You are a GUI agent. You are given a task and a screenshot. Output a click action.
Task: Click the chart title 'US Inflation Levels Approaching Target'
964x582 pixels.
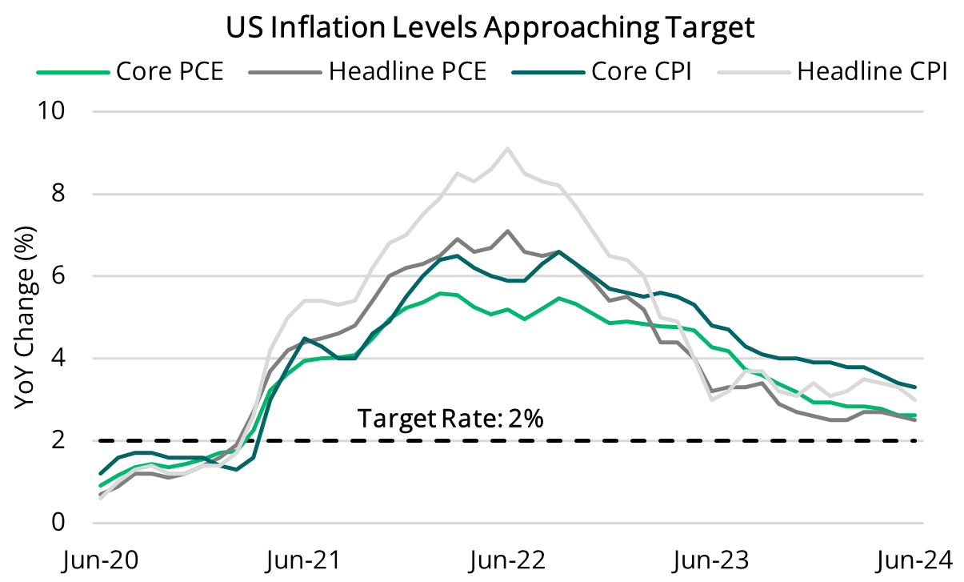pyautogui.click(x=490, y=28)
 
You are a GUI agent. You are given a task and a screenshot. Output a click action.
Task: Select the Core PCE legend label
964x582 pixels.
pyautogui.click(x=170, y=71)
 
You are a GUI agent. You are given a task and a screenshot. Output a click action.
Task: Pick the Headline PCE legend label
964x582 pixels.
pyautogui.click(x=407, y=71)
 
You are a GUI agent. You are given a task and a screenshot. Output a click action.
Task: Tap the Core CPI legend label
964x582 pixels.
pyautogui.click(x=642, y=71)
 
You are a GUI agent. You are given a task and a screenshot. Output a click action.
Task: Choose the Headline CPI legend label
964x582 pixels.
pyautogui.click(x=872, y=71)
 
